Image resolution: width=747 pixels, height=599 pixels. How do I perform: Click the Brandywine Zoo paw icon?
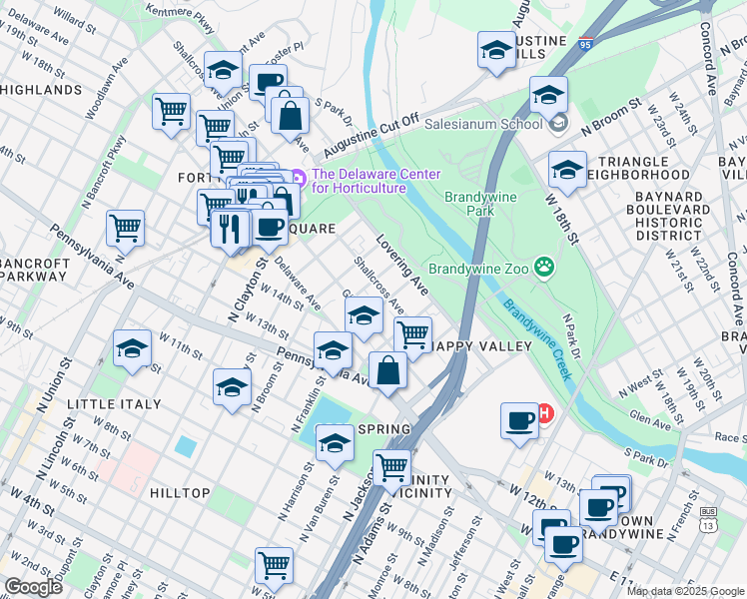[544, 267]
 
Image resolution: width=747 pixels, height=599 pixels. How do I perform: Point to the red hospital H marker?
[545, 412]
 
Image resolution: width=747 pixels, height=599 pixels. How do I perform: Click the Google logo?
[33, 587]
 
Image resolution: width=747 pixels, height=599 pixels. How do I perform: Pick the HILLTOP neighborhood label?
[180, 493]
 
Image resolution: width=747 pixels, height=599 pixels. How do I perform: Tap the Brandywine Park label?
[481, 204]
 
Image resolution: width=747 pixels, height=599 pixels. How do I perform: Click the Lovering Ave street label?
[402, 266]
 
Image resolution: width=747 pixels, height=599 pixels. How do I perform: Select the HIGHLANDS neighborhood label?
[41, 90]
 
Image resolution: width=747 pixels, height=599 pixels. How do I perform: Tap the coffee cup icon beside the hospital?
[519, 420]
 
